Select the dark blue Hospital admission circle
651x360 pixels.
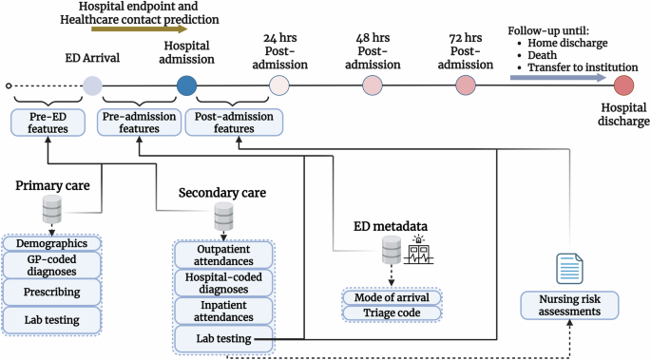[187, 85]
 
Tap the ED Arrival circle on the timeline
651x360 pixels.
[92, 86]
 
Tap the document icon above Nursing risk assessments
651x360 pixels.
[567, 265]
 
